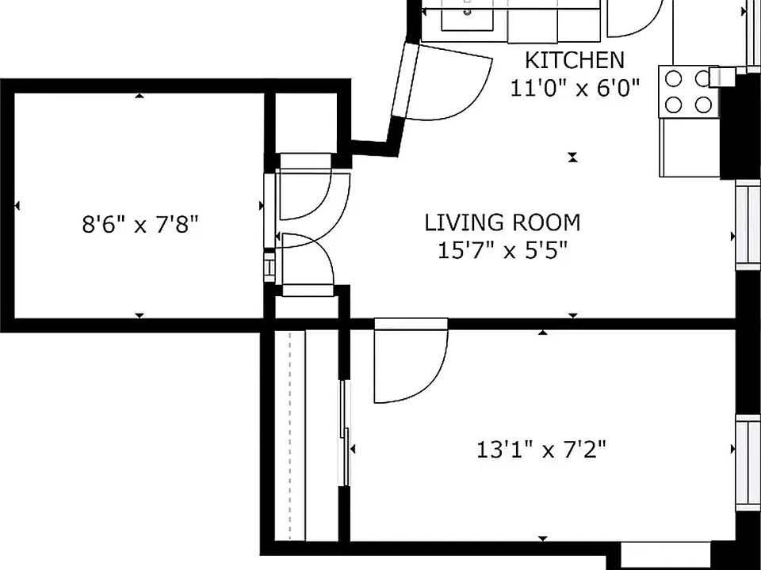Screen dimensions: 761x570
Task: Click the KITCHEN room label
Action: point(575,60)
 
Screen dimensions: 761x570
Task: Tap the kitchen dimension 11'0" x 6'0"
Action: point(575,88)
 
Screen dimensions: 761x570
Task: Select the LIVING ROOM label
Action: point(503,223)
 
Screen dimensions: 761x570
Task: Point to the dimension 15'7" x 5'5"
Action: point(503,251)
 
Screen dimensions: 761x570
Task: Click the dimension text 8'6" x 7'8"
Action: point(140,225)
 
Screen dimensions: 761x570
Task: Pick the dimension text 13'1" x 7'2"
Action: point(541,450)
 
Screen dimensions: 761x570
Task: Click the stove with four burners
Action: point(689,92)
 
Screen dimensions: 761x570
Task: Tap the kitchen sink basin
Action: point(467,19)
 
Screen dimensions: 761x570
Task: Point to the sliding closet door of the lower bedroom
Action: point(345,433)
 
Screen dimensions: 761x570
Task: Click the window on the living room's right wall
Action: point(748,224)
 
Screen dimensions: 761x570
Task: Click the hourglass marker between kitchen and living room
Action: point(573,157)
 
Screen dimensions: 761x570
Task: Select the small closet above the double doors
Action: point(306,123)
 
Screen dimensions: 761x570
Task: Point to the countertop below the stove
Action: point(689,147)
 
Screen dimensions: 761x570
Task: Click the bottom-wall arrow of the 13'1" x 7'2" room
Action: point(542,538)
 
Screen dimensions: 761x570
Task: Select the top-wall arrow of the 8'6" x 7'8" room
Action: point(140,96)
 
